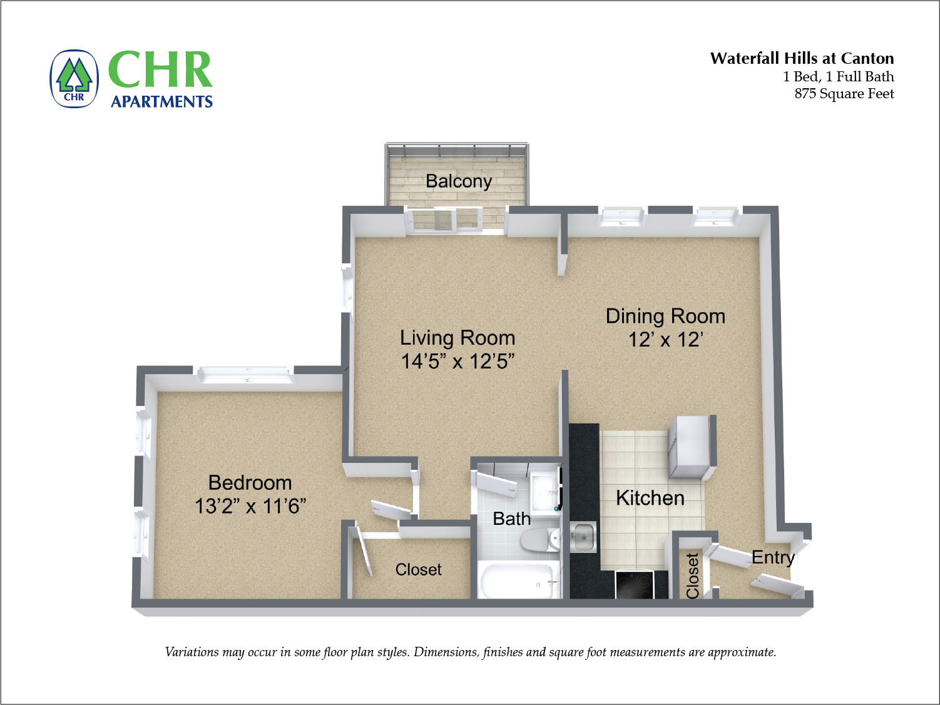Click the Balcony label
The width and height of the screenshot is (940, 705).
(459, 181)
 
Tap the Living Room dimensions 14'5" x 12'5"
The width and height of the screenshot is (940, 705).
(457, 362)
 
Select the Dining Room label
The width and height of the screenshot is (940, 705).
(665, 317)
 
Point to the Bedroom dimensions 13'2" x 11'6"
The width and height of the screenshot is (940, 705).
(250, 506)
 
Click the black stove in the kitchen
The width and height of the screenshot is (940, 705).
(635, 585)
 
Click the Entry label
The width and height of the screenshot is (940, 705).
(773, 557)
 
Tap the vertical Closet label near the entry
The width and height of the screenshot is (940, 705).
(692, 576)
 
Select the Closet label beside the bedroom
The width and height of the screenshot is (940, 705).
(418, 570)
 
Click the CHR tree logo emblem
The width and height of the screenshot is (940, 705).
(74, 79)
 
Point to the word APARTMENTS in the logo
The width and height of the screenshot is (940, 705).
(161, 101)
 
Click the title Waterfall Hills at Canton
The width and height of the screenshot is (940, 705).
(802, 59)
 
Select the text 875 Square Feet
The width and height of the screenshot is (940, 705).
(844, 94)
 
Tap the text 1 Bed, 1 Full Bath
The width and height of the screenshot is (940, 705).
(838, 77)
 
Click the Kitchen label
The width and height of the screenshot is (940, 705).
(650, 498)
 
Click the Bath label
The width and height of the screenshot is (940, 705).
(511, 519)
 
